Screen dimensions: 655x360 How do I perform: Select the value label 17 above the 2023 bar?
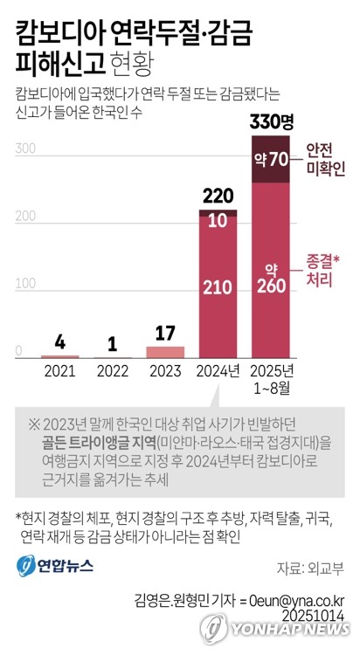pyautogui.click(x=165, y=332)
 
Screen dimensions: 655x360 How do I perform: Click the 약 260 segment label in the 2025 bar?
pyautogui.click(x=271, y=276)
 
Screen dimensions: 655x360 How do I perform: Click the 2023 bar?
pyautogui.click(x=165, y=352)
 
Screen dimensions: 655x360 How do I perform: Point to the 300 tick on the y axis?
pyautogui.click(x=25, y=149)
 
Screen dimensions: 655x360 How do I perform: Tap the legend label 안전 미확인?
pyautogui.click(x=326, y=158)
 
